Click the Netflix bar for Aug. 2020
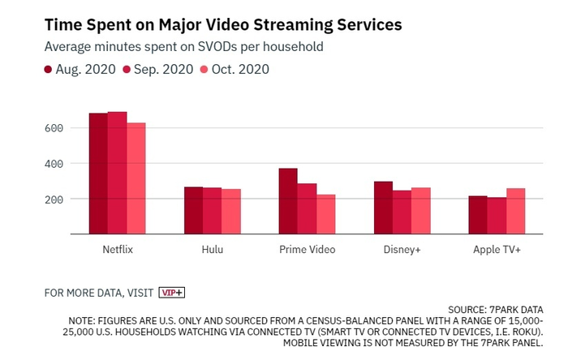point(98,174)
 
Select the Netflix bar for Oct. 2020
point(136,178)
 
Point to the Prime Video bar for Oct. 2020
point(325,214)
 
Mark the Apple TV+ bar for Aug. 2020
point(478,215)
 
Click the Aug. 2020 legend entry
point(80,69)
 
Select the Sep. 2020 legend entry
point(158,69)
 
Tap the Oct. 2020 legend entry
point(236,69)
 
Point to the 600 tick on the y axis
point(54,128)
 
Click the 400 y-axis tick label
point(54,164)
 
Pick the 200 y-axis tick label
point(54,199)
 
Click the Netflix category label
point(117,250)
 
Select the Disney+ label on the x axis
point(402,250)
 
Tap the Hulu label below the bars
point(212,250)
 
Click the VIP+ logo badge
point(172,292)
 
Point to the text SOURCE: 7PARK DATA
point(507,310)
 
